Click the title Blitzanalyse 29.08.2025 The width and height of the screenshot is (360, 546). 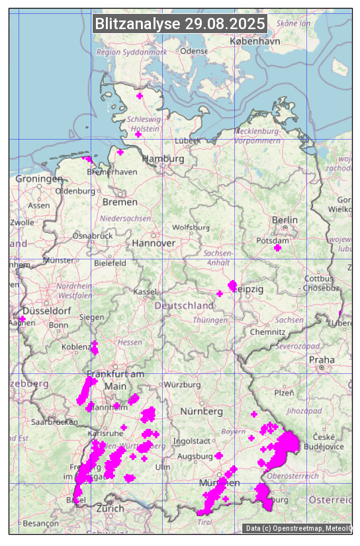[x=180, y=24]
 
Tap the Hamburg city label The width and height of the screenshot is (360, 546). [x=163, y=159]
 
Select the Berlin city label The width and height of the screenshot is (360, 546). [x=285, y=220]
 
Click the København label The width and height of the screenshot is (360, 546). [x=255, y=41]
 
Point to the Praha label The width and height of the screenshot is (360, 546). [x=322, y=359]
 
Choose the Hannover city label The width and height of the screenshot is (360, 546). [x=154, y=243]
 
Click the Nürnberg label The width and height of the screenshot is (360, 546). [x=202, y=411]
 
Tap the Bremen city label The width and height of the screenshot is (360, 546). [x=120, y=201]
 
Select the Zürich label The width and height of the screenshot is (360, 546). [x=110, y=508]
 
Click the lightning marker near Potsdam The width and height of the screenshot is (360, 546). [x=277, y=248]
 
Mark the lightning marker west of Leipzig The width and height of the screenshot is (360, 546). [x=220, y=294]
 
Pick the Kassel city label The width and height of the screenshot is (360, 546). [x=144, y=291]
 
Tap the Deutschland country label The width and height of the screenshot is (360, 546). [x=184, y=305]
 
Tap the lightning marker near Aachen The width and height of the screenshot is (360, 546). [x=22, y=319]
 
